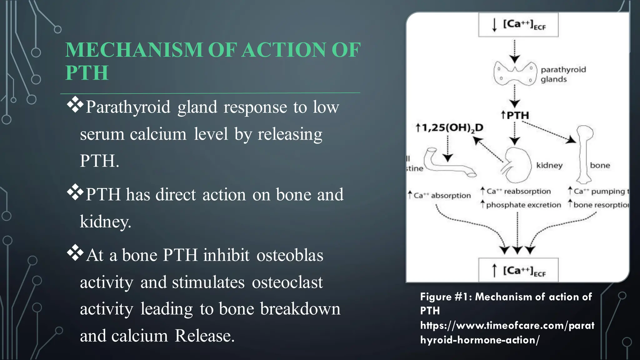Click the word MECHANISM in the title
134,50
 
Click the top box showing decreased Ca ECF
518,25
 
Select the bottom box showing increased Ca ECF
518,270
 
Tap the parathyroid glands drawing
514,74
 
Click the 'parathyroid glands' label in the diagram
563,74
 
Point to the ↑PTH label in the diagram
515,115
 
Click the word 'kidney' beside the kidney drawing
549,165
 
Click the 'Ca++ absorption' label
442,196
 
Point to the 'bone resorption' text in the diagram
600,205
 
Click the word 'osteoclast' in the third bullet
287,282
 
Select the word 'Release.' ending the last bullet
204,336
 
